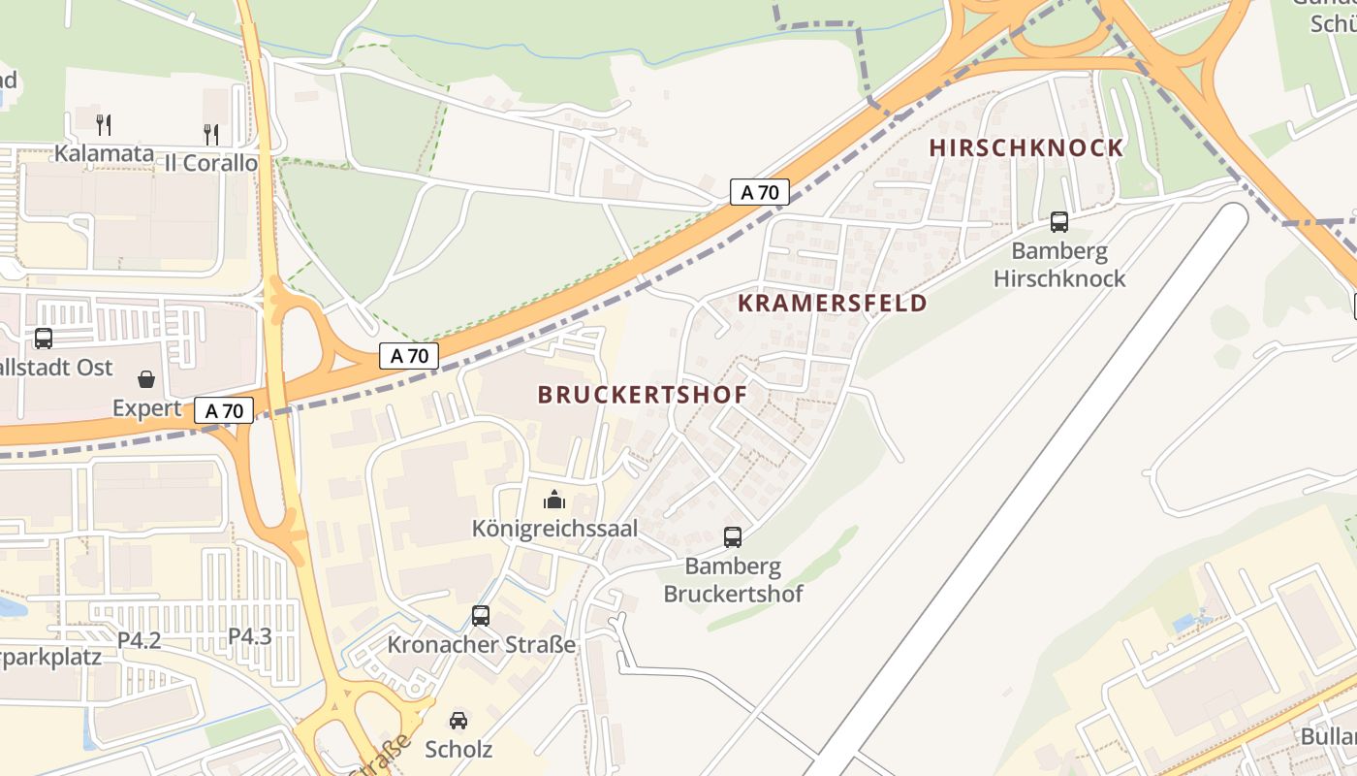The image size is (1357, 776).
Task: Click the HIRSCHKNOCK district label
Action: (x=1026, y=148)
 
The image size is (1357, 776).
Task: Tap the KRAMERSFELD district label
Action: (x=832, y=303)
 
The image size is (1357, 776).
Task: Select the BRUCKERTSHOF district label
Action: (x=642, y=395)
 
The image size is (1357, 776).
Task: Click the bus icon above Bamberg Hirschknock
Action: (x=1059, y=222)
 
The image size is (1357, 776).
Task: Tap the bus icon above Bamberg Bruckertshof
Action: (x=733, y=536)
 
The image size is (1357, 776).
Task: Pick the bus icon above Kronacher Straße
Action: (x=481, y=615)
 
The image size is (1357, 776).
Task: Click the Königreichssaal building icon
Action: (x=554, y=500)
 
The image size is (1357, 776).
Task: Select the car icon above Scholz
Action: (x=458, y=720)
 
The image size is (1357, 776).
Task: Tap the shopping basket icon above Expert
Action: (x=146, y=378)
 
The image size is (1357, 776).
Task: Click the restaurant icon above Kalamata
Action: (x=104, y=124)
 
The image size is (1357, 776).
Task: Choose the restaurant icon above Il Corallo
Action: (x=210, y=134)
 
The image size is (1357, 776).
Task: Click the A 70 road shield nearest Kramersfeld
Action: (x=760, y=192)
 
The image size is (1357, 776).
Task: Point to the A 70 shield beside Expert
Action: (x=224, y=410)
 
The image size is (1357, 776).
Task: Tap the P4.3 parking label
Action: (x=249, y=636)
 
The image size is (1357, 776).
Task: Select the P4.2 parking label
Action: (x=139, y=640)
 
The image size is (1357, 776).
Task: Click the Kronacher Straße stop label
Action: (x=481, y=645)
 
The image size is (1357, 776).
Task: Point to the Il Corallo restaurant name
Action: (x=210, y=163)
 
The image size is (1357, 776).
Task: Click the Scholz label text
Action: (x=458, y=749)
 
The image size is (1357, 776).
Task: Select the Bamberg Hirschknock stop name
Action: (x=1059, y=265)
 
